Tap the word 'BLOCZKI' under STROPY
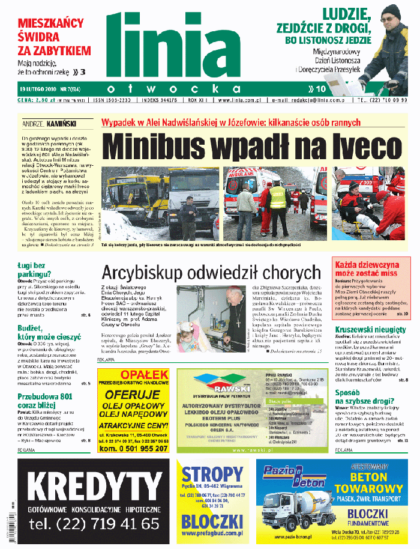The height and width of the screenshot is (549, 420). [212, 520]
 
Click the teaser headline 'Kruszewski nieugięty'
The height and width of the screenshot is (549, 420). [371, 330]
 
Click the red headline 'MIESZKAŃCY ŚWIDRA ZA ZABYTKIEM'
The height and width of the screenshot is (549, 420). [50, 38]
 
